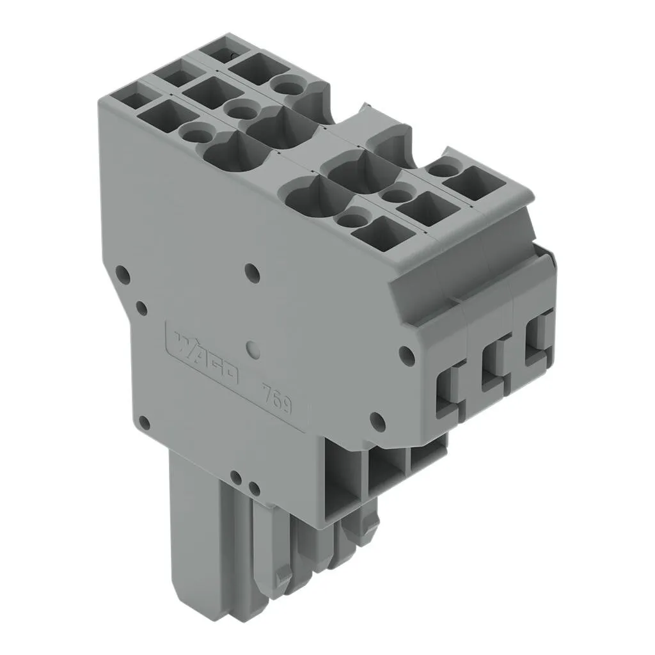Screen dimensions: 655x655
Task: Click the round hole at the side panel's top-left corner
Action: pos(122,273)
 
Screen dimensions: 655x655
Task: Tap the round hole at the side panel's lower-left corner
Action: pos(144,423)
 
